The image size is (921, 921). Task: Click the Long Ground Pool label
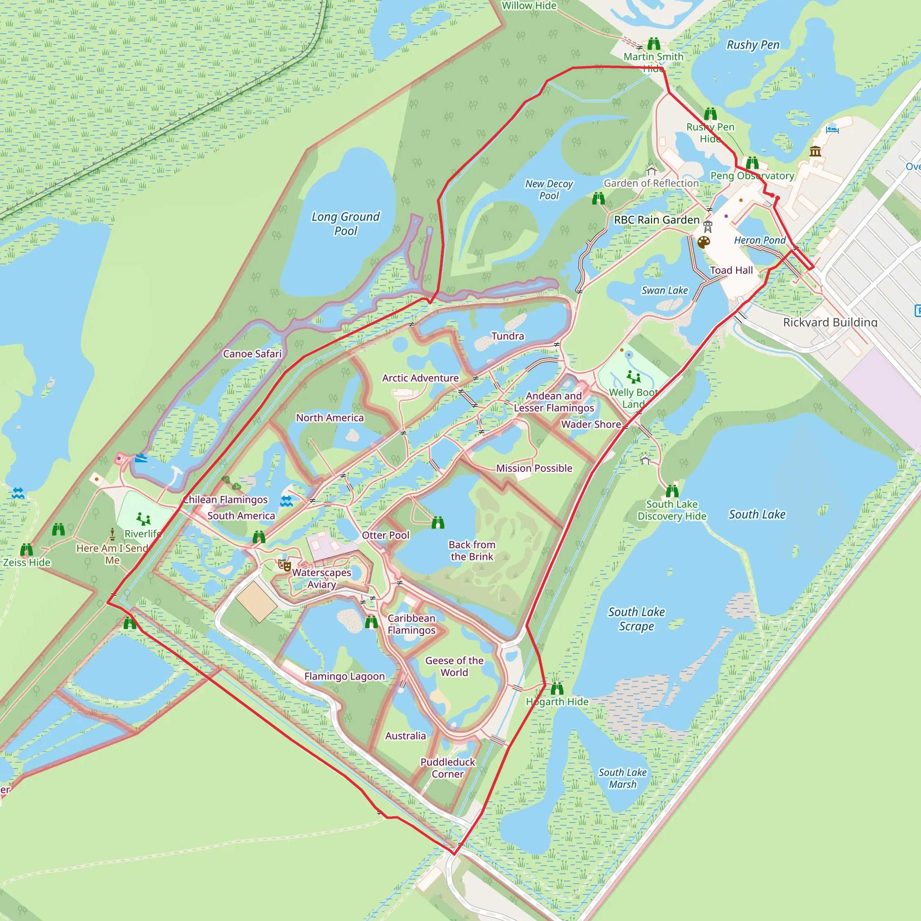tap(346, 224)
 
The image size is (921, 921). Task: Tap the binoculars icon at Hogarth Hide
tap(557, 689)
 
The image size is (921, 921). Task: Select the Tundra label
tap(508, 336)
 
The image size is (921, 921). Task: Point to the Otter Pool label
tap(386, 535)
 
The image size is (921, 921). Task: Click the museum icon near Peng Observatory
tap(815, 152)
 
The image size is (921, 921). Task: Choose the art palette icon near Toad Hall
tap(704, 243)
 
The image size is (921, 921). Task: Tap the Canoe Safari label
tap(252, 354)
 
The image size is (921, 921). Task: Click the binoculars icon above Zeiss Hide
tap(27, 550)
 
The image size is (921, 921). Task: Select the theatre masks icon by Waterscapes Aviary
tap(285, 566)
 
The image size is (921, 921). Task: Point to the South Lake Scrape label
tap(636, 619)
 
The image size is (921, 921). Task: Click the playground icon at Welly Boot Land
tap(634, 377)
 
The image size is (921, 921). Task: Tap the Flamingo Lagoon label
tap(344, 676)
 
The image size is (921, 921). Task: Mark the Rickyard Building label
tap(830, 322)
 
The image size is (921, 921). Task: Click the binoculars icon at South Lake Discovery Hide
tap(672, 491)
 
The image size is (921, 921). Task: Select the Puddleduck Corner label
tap(447, 768)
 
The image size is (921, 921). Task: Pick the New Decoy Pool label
tap(549, 190)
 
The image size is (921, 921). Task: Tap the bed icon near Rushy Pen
tap(832, 129)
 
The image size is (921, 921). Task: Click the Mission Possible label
tap(534, 468)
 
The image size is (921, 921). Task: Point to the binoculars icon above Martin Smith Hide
tap(653, 45)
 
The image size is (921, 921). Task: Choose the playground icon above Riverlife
tap(143, 519)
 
